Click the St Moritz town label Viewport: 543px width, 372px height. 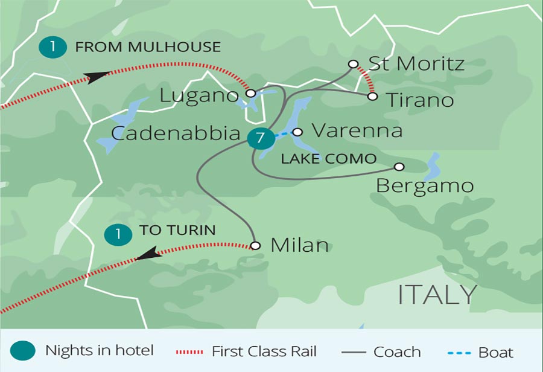(416, 64)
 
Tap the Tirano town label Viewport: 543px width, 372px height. (419, 100)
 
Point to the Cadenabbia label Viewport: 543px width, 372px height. (176, 133)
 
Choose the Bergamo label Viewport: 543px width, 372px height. (424, 185)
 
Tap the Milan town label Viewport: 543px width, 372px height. (300, 245)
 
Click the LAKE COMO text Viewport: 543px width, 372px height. (329, 159)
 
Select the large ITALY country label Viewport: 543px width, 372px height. (437, 294)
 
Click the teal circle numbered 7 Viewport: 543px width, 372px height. (260, 138)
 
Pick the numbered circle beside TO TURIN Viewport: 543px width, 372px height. (118, 234)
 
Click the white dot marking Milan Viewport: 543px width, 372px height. (255, 246)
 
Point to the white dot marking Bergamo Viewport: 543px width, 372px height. (399, 167)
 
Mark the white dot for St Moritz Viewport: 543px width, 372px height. (354, 64)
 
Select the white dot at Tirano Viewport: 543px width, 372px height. (372, 96)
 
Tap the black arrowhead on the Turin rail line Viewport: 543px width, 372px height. (149, 254)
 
